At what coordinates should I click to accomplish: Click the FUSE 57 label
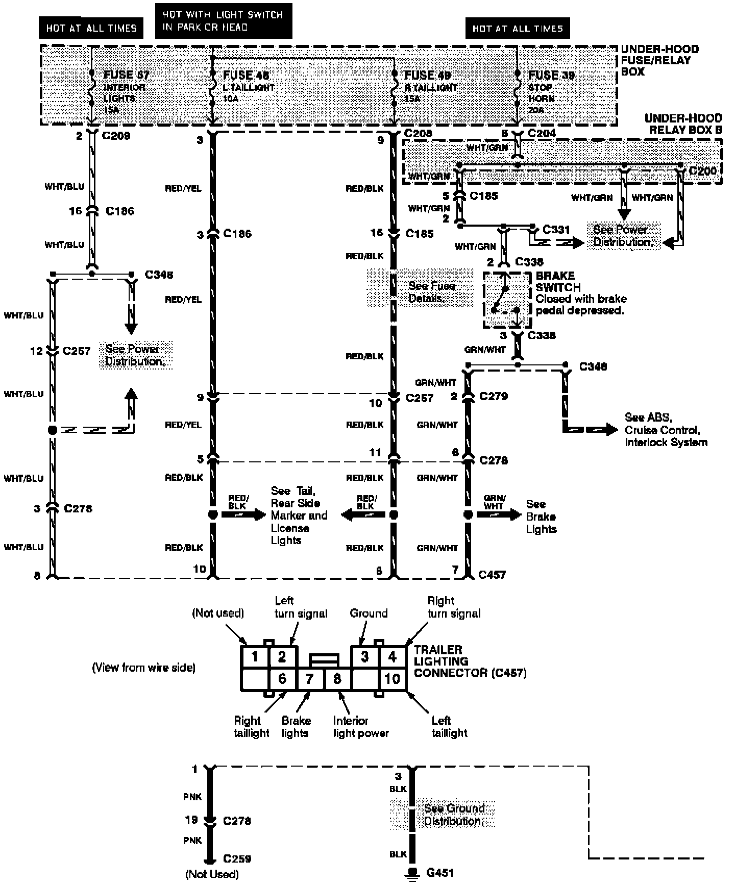pos(126,75)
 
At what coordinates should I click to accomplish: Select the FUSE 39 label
pos(551,76)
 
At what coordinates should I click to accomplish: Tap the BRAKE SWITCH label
pos(558,281)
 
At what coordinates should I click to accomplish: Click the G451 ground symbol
pos(411,873)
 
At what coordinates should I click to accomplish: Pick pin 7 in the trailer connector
pos(309,679)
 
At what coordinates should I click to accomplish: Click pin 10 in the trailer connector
pos(393,679)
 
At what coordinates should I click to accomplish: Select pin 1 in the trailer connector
pos(254,656)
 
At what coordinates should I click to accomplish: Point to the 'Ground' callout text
pos(369,613)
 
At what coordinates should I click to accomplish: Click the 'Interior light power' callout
pos(360,727)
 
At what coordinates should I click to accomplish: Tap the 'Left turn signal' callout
pos(301,607)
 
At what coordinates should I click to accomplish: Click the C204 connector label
pos(542,133)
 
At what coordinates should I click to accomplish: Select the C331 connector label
pos(556,230)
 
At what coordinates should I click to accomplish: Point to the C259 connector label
pos(237,858)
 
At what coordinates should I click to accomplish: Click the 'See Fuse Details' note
pos(431,292)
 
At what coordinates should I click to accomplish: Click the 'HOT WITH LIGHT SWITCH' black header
pos(223,21)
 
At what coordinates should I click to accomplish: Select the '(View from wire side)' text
pos(143,668)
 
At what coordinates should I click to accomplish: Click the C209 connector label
pos(116,136)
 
